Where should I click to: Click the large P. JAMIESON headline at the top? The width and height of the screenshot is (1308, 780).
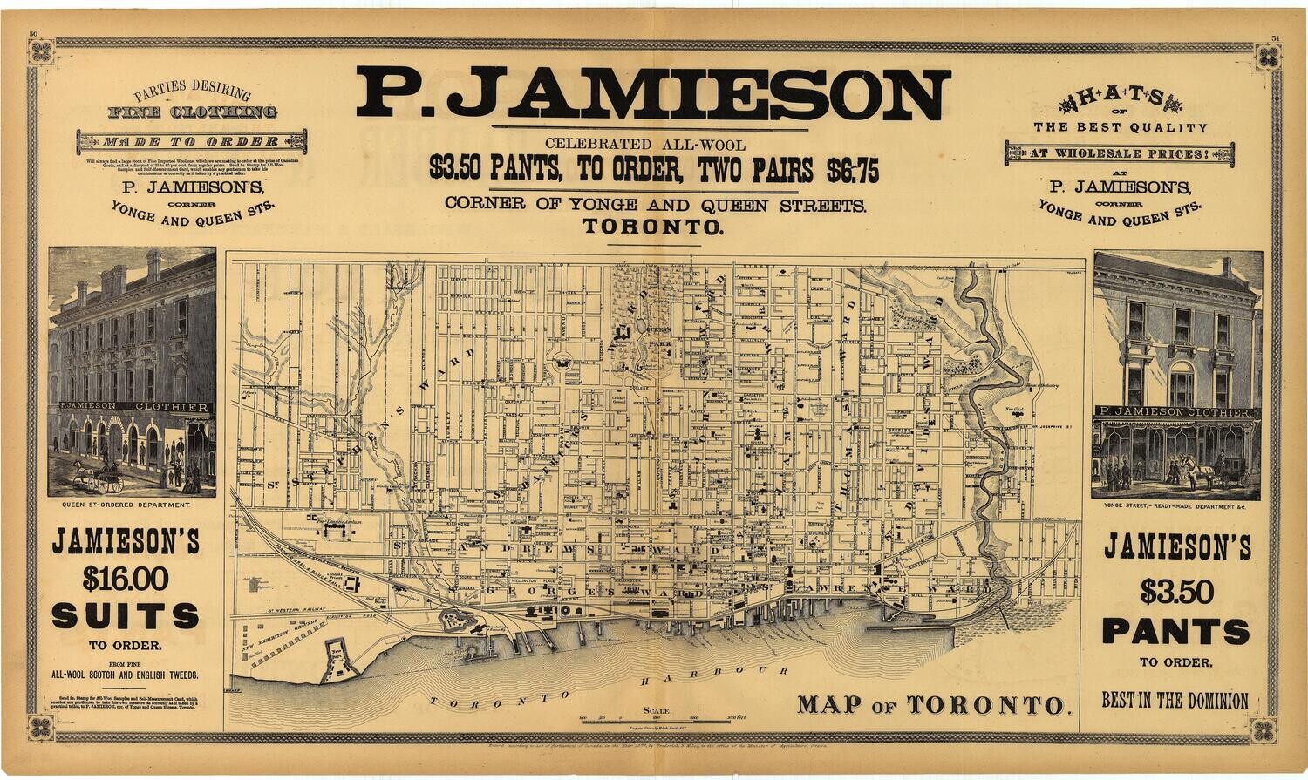pos(652,94)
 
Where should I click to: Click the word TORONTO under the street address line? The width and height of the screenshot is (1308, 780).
pos(654,228)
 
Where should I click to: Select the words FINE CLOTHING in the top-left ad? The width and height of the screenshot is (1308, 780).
pos(192,112)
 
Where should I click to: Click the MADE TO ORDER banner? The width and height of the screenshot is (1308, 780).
pos(192,141)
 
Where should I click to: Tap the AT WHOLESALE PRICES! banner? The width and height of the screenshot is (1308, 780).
pos(1120,155)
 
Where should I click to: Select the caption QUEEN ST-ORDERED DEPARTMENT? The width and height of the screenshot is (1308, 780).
pos(126,505)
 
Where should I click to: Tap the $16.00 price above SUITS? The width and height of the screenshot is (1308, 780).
pos(126,578)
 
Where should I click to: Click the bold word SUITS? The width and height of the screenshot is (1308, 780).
pos(126,616)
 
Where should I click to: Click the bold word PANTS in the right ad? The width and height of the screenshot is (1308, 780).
pos(1175,630)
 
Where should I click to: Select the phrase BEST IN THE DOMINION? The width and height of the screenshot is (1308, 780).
pos(1175,701)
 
